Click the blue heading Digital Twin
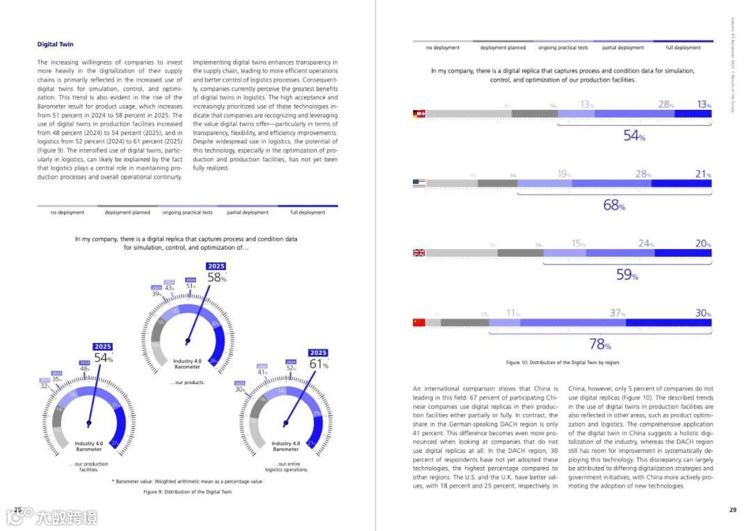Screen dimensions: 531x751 click(x=56, y=45)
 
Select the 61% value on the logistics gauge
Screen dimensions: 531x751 click(x=318, y=364)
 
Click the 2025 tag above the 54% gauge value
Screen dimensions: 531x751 click(x=103, y=347)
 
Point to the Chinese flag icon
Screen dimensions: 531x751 click(x=419, y=322)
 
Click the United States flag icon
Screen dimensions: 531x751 click(x=419, y=183)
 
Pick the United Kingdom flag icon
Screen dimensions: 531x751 click(x=419, y=253)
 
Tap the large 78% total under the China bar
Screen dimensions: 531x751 click(x=599, y=344)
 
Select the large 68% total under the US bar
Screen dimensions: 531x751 click(x=614, y=205)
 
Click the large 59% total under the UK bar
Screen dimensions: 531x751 click(x=627, y=275)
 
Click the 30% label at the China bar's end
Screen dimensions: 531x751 click(x=703, y=313)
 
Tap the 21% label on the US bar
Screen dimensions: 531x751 click(x=703, y=174)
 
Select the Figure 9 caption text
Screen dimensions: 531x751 click(x=187, y=491)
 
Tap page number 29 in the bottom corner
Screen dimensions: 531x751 click(x=732, y=510)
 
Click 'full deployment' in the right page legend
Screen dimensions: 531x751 click(x=683, y=48)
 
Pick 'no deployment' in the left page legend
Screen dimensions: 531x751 click(x=68, y=212)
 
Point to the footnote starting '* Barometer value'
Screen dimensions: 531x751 click(x=187, y=481)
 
